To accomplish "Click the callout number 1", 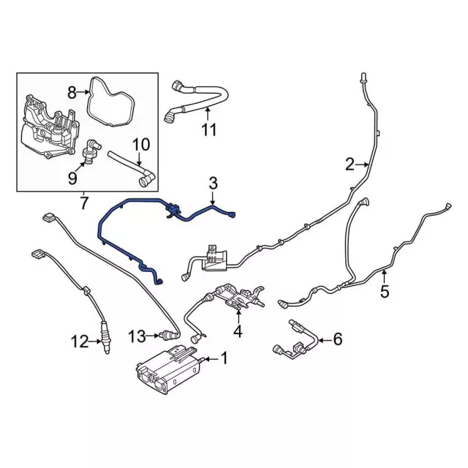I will [224, 358].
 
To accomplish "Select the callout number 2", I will [350, 164].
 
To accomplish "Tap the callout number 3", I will [213, 181].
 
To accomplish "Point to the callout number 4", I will [237, 331].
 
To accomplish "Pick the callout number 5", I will [385, 292].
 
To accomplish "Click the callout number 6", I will [337, 339].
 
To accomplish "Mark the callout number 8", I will [72, 91].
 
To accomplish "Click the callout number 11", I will [209, 130].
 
